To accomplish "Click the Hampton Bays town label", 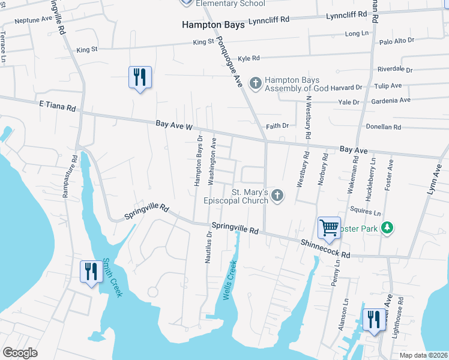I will click(x=213, y=25).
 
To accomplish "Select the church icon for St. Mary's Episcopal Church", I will click(x=277, y=194).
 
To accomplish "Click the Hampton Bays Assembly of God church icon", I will click(x=255, y=82).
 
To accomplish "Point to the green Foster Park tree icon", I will click(x=388, y=227).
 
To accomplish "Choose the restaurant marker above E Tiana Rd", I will click(x=140, y=77).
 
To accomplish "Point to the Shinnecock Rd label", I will click(x=325, y=250).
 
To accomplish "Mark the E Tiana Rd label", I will click(x=58, y=107).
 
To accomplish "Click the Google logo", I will click(x=20, y=353).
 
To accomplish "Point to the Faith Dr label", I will click(x=277, y=126).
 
